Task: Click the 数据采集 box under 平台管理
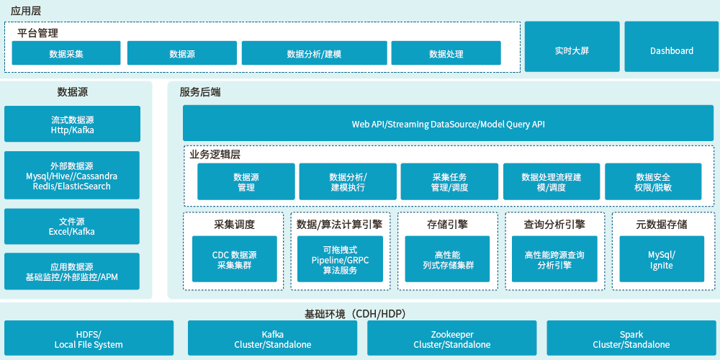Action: click(66, 53)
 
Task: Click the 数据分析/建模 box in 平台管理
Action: click(314, 53)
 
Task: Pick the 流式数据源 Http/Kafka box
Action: click(72, 124)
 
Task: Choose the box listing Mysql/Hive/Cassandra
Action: click(72, 175)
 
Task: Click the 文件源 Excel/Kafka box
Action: click(72, 226)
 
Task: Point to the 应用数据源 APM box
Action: click(72, 271)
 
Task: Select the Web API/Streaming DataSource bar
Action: click(448, 123)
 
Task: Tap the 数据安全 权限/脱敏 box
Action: click(653, 181)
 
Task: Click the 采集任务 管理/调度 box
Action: click(449, 181)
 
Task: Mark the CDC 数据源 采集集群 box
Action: click(234, 259)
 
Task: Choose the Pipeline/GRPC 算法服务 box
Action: click(340, 259)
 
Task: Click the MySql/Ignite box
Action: click(661, 259)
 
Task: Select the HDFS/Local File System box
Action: click(89, 338)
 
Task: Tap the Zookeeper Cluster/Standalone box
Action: click(452, 338)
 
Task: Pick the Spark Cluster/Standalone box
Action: click(631, 338)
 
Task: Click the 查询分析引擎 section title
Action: click(554, 224)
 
